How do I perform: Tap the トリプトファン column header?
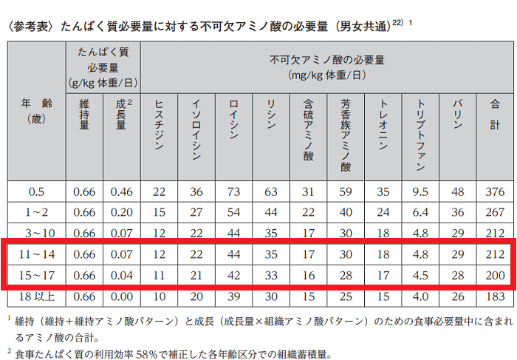click(420, 134)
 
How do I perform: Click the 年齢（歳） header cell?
click(37, 111)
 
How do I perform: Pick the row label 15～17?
click(37, 275)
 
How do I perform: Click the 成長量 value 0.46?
click(121, 191)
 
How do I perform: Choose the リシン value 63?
click(271, 191)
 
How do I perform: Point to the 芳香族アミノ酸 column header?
click(346, 134)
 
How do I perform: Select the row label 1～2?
click(37, 213)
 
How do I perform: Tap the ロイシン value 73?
click(233, 191)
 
